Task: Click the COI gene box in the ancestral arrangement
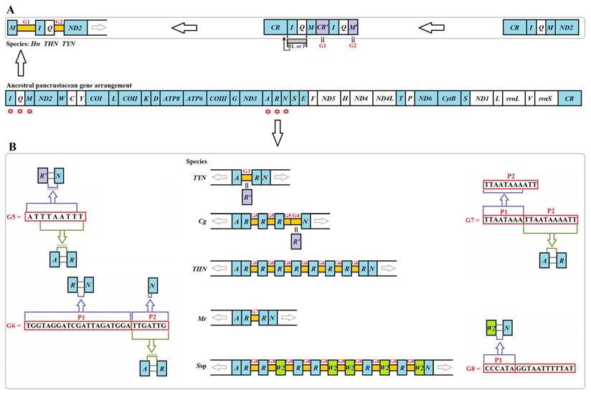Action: pos(95,97)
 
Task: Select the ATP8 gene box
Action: pos(171,97)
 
